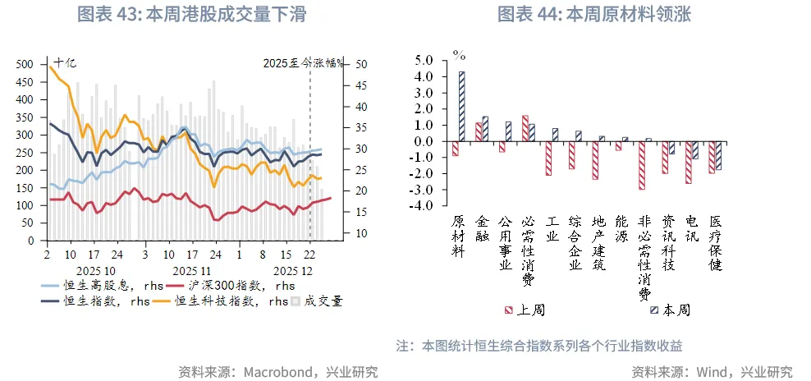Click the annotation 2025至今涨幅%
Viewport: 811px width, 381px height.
click(x=303, y=63)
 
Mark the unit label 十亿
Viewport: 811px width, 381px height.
click(x=65, y=63)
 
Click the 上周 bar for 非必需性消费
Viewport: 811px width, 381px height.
click(x=641, y=165)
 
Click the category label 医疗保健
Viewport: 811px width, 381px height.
click(x=716, y=243)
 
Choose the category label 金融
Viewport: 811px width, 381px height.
click(x=482, y=229)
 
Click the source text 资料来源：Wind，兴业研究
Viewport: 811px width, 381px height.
click(x=712, y=372)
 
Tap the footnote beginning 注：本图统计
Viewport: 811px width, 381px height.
click(x=538, y=346)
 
